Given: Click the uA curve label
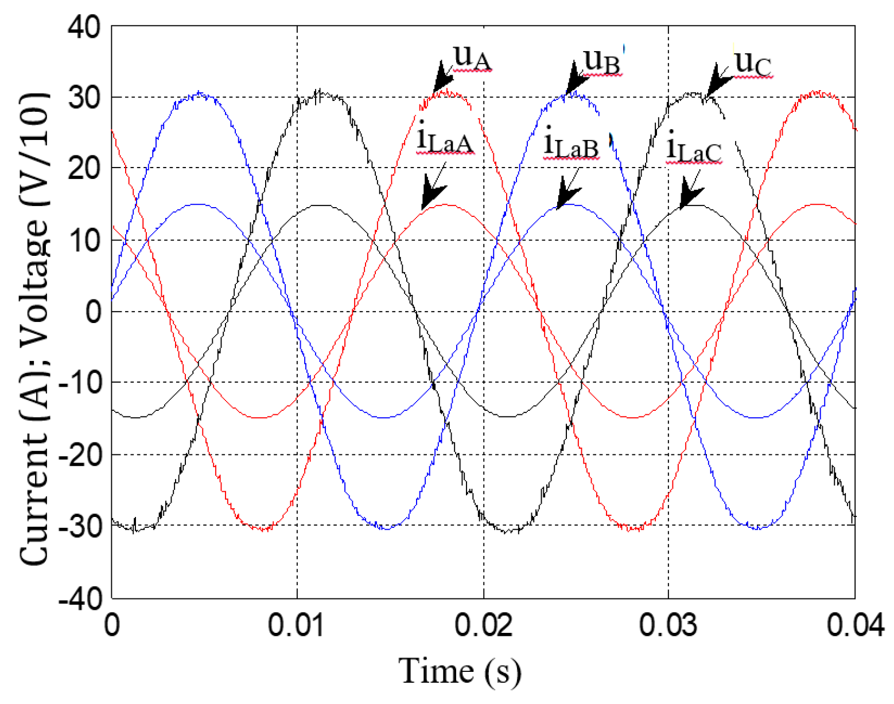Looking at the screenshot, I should [x=472, y=59].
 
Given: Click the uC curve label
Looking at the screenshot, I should [x=753, y=63].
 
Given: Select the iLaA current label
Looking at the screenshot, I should [x=445, y=140].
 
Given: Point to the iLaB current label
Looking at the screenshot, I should [x=571, y=145].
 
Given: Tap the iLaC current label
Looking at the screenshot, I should [x=693, y=149].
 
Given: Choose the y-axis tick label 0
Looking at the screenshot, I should [x=93, y=312].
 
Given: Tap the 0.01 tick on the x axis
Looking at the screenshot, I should [x=297, y=625].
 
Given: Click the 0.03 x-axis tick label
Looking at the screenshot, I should [x=668, y=625].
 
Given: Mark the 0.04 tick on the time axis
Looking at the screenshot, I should [x=855, y=625].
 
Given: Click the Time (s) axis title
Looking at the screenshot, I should [x=460, y=670].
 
